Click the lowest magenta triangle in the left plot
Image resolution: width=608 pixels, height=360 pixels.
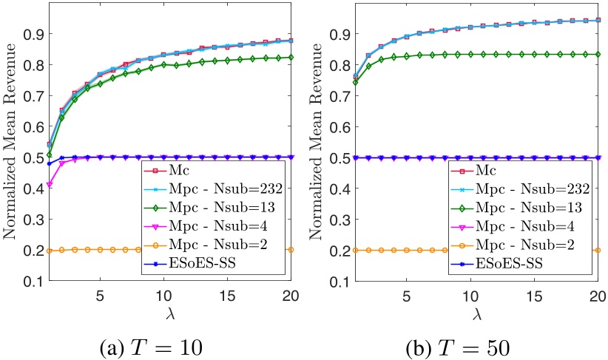point(50,184)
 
